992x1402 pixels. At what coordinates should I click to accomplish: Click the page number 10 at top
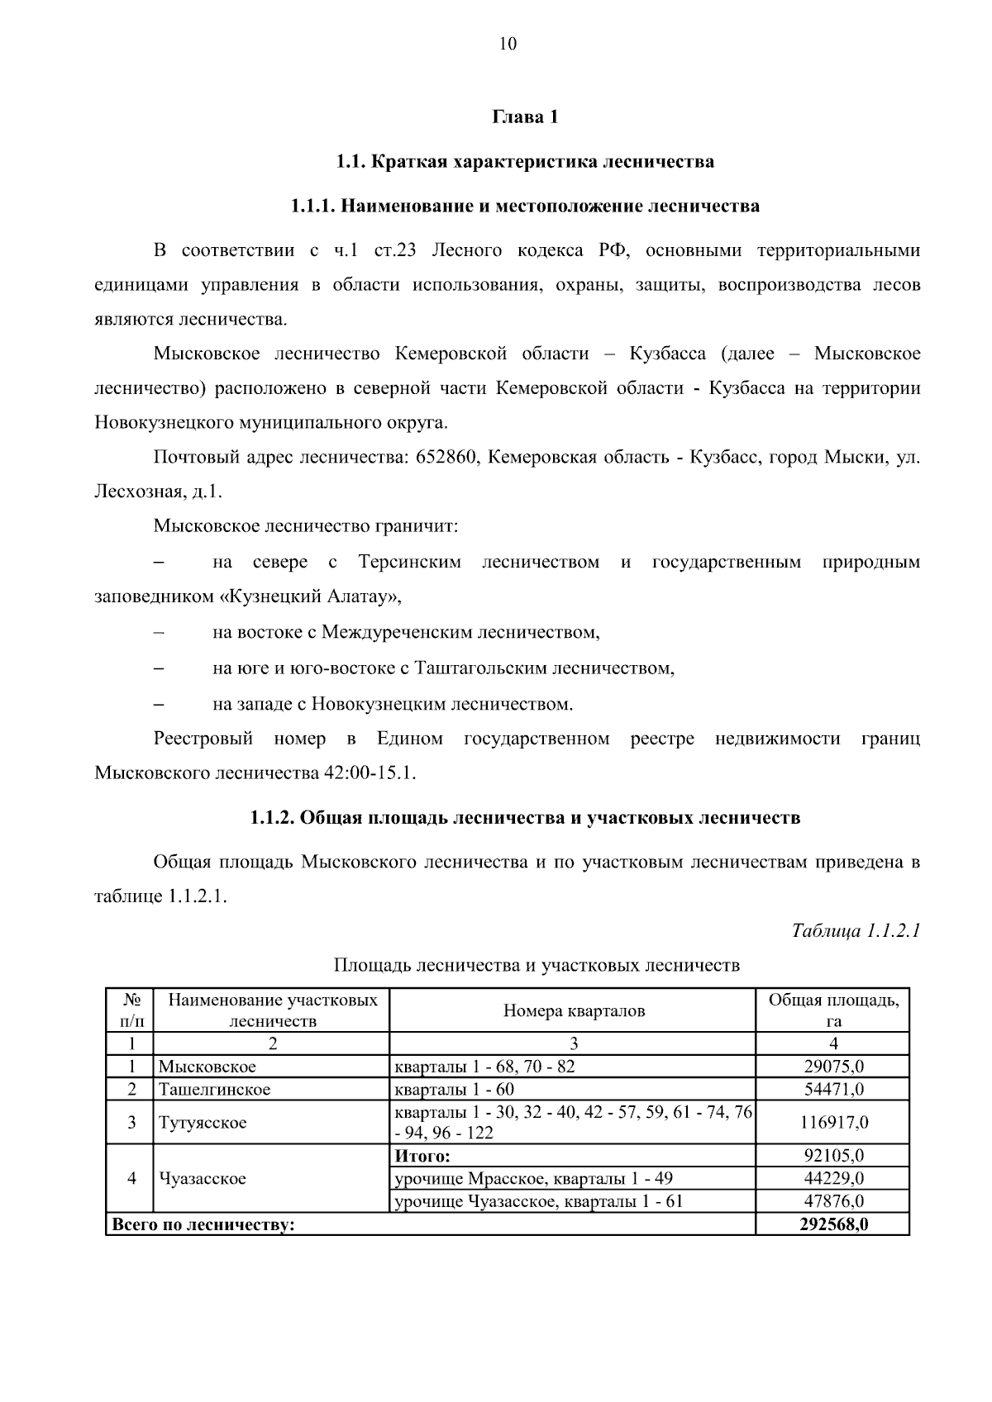[x=508, y=45]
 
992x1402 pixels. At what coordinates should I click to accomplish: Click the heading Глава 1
[x=526, y=116]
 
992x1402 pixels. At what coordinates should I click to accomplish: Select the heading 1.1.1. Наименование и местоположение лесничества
[x=525, y=206]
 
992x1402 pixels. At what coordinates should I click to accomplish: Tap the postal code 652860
[x=448, y=457]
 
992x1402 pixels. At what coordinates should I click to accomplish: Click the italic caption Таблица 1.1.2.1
[x=856, y=931]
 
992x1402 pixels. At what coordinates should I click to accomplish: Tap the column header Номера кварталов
[x=574, y=1010]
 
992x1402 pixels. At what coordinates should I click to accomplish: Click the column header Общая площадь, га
[x=833, y=1010]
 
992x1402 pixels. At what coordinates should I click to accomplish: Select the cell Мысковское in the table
[x=207, y=1067]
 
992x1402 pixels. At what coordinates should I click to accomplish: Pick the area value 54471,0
[x=834, y=1089]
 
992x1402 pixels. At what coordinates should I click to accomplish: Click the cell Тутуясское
[x=203, y=1123]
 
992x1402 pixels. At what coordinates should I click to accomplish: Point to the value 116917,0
[x=834, y=1123]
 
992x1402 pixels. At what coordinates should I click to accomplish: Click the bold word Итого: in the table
[x=422, y=1156]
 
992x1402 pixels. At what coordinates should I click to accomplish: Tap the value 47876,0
[x=834, y=1201]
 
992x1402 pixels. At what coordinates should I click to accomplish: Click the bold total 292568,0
[x=833, y=1224]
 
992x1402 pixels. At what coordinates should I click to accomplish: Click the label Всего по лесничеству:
[x=203, y=1225]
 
